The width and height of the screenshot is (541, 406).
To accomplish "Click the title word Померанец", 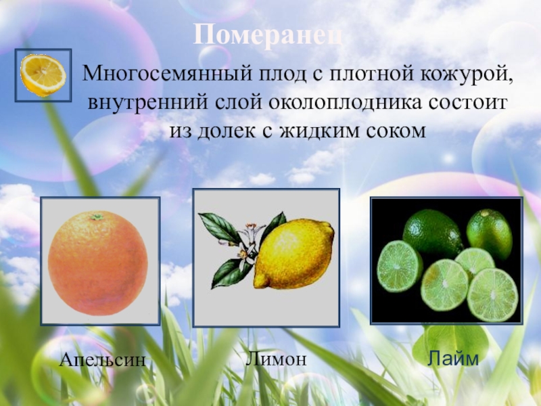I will tap(270, 35).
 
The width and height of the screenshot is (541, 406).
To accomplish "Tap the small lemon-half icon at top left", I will tap(43, 75).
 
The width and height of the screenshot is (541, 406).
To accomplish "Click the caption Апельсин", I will tap(102, 360).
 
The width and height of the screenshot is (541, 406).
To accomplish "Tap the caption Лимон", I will tap(276, 359).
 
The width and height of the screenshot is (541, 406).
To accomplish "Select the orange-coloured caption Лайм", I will tap(452, 359).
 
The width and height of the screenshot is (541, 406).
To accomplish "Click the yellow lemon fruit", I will tap(293, 254).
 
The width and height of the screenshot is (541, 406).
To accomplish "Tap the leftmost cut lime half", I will tap(399, 266).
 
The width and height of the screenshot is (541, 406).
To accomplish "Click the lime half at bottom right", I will tap(492, 294).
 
